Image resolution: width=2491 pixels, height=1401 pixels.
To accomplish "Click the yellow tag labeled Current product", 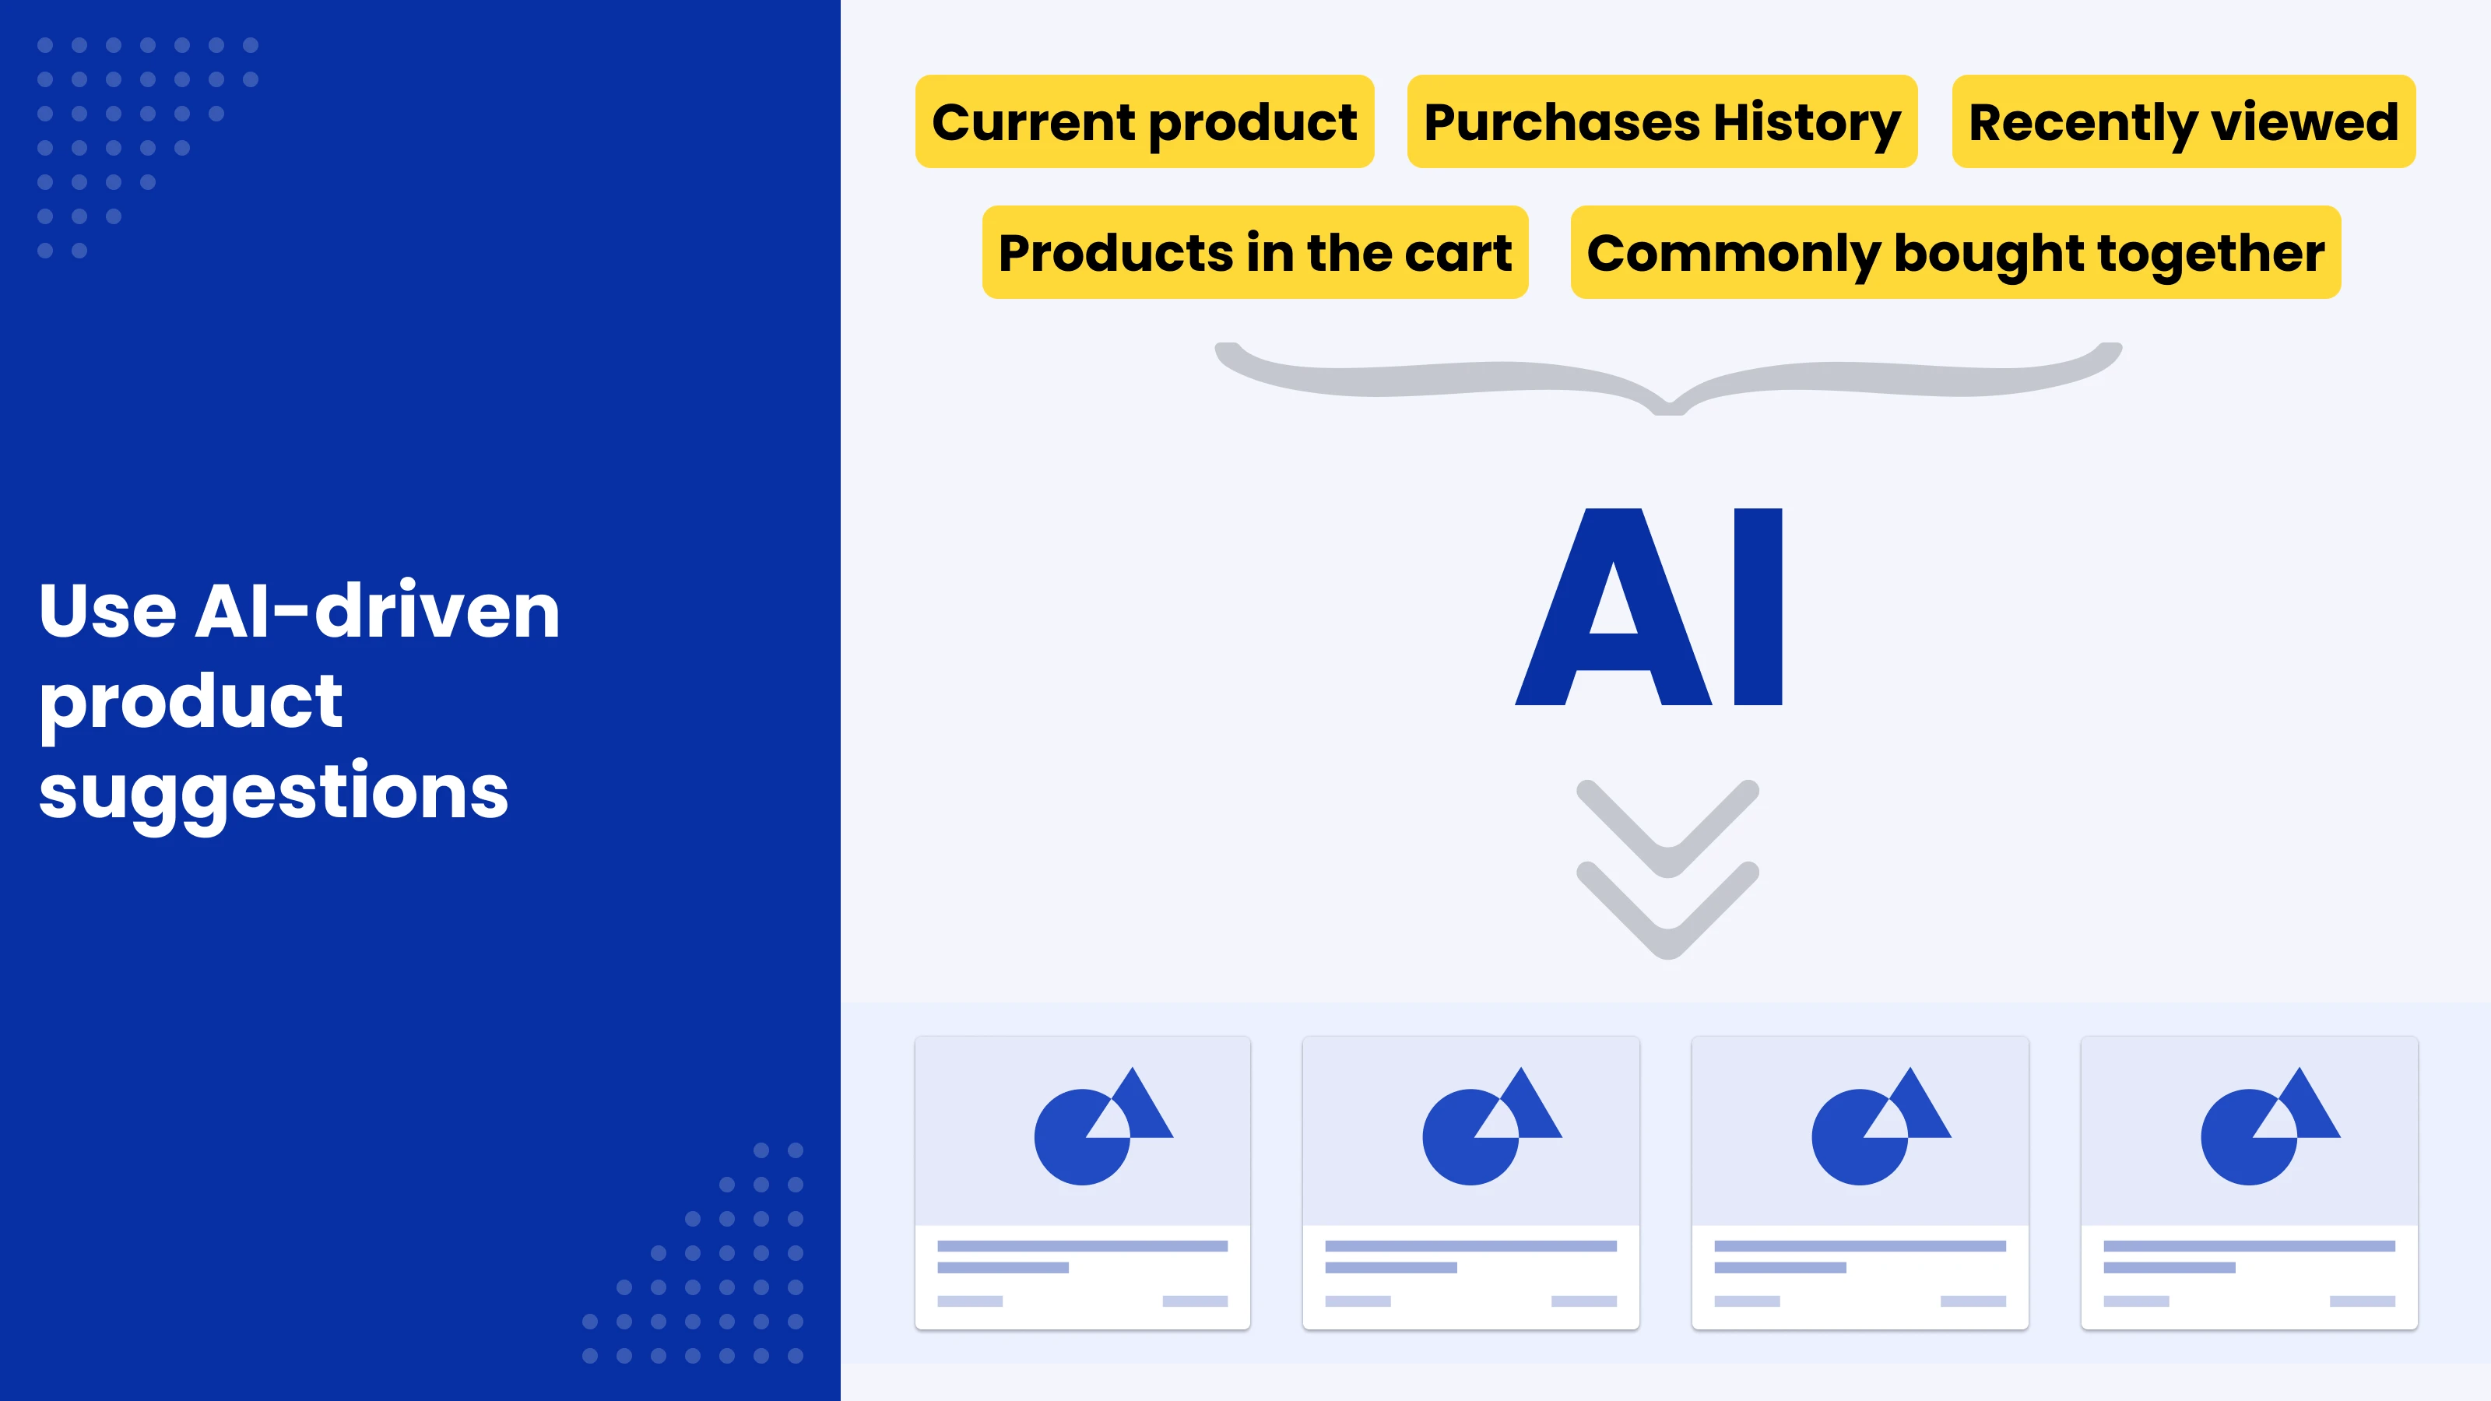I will click(1144, 122).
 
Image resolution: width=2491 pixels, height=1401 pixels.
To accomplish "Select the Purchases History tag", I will click(1661, 122).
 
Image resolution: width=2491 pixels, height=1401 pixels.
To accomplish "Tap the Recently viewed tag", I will click(2184, 122).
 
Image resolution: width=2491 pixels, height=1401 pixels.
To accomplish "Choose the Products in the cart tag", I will click(1254, 252).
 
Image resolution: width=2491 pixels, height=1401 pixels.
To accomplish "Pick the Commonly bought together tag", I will click(1955, 252).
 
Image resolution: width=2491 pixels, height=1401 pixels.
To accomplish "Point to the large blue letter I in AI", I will click(1758, 607).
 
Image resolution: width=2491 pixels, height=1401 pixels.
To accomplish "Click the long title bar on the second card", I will click(1470, 1246).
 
